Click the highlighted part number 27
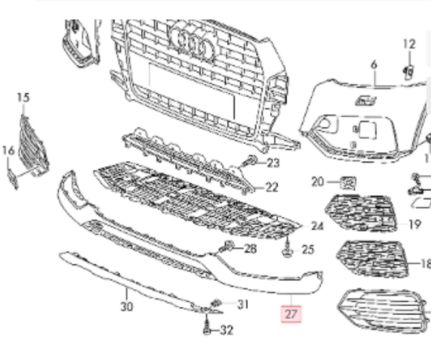click(x=291, y=313)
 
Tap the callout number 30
click(x=127, y=306)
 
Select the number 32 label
click(x=227, y=330)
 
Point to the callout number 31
click(x=243, y=304)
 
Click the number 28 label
click(x=250, y=248)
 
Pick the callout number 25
click(x=308, y=250)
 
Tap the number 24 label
click(x=317, y=226)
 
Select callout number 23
click(x=274, y=163)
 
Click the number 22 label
click(x=272, y=187)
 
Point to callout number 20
click(x=318, y=181)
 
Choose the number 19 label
click(x=415, y=224)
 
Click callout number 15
click(x=23, y=97)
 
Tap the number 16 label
click(x=8, y=151)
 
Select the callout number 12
click(x=409, y=44)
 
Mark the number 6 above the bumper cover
click(x=374, y=65)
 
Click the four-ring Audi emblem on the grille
click(x=193, y=43)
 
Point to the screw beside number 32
click(x=207, y=325)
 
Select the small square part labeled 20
click(x=349, y=182)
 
